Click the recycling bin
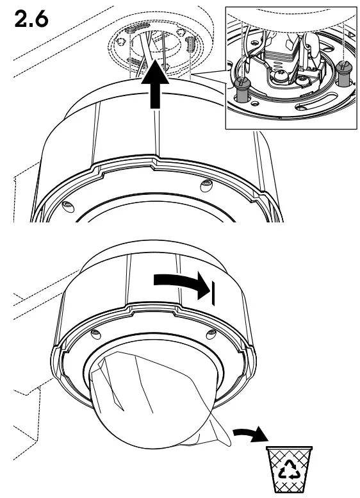pos(289,471)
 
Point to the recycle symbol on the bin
pos(290,473)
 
